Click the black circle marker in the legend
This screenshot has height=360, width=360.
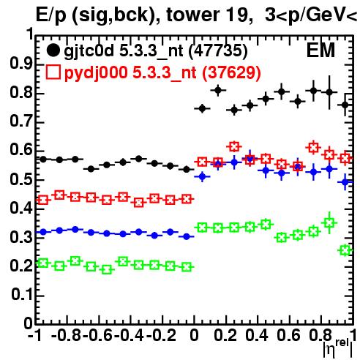click(53, 50)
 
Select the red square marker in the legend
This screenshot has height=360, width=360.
click(53, 72)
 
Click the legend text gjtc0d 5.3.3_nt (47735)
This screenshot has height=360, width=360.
click(156, 51)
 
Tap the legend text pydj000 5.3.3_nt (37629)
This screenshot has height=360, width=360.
click(162, 73)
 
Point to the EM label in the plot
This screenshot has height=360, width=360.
click(320, 50)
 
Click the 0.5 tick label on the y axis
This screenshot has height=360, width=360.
click(21, 179)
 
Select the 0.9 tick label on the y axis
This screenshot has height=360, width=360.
click(21, 64)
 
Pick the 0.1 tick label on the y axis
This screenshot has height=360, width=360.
click(22, 295)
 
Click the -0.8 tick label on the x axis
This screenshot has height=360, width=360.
click(66, 335)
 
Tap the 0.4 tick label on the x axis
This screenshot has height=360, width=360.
click(257, 335)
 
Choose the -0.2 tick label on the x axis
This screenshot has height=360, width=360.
click(161, 335)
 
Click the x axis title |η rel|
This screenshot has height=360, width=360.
click(338, 348)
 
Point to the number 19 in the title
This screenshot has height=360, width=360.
click(235, 15)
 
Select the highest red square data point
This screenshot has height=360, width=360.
click(234, 146)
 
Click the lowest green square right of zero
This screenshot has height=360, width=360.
click(345, 250)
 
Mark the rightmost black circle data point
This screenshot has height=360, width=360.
click(345, 105)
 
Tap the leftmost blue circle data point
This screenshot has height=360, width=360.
click(43, 232)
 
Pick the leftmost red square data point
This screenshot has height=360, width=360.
click(43, 200)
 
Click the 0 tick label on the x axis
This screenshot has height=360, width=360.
click(194, 335)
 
